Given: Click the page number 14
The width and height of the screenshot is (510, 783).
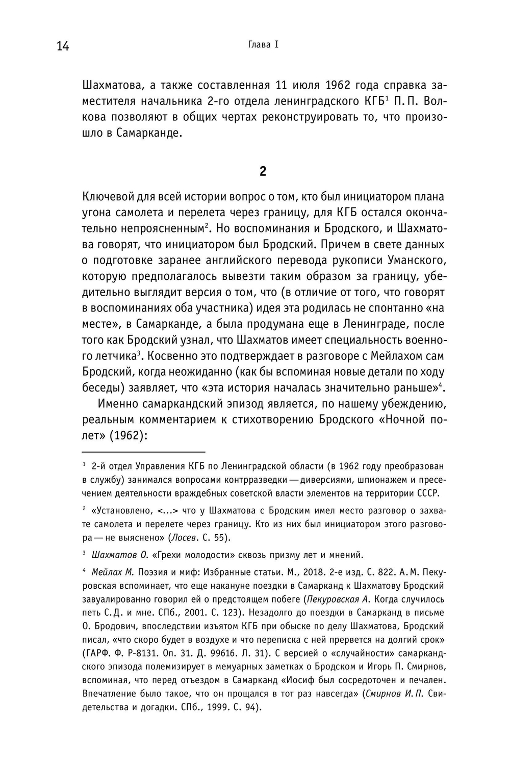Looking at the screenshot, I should click(x=62, y=46).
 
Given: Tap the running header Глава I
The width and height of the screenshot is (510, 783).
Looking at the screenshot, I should click(x=263, y=45).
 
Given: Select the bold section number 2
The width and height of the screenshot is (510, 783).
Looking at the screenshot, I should click(x=263, y=171).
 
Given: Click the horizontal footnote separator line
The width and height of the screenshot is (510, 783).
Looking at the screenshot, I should click(x=143, y=452).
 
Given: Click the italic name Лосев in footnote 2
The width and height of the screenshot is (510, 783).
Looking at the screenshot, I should click(x=184, y=538).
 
